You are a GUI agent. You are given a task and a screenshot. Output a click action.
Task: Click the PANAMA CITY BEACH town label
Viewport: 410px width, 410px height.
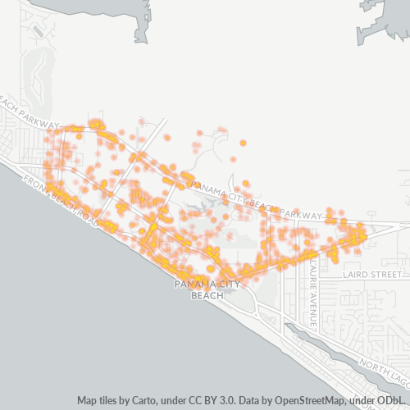(207, 289)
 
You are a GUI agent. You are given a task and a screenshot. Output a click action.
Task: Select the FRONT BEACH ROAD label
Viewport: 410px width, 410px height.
(61, 202)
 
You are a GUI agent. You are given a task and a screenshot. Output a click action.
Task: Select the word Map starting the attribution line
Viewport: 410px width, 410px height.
(88, 401)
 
